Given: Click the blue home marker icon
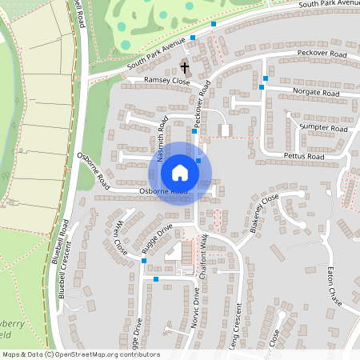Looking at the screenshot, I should pyautogui.click(x=180, y=173).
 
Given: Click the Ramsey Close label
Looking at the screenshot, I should pyautogui.click(x=166, y=82).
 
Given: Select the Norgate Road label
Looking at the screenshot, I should pyautogui.click(x=315, y=94).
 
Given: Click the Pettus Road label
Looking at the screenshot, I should pyautogui.click(x=303, y=157).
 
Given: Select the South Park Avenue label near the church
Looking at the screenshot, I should pyautogui.click(x=156, y=50).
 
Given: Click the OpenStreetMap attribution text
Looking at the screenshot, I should pyautogui.click(x=81, y=354).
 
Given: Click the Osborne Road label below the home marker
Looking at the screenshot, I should pyautogui.click(x=163, y=192).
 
